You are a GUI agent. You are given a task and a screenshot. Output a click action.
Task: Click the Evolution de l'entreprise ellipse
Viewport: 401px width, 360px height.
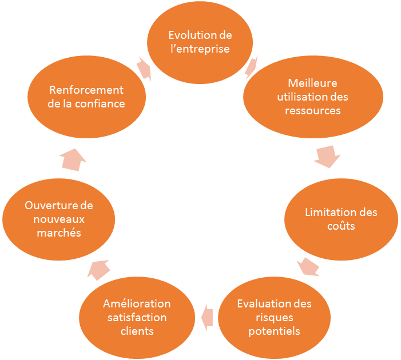pos(200,42)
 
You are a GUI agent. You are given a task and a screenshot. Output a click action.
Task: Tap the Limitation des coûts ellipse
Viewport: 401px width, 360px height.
pos(341,219)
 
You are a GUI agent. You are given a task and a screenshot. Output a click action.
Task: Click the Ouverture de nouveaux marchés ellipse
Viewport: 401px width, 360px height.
pos(59,219)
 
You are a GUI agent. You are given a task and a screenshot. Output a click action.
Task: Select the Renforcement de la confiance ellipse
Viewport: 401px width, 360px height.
pos(86,97)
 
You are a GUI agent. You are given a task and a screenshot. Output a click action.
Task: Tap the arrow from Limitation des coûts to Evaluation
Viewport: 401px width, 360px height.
pos(308,266)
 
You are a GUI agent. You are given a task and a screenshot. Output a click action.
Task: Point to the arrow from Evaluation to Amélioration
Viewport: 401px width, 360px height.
pos(206,313)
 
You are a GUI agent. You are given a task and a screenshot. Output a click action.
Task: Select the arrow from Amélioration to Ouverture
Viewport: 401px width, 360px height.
pos(99,267)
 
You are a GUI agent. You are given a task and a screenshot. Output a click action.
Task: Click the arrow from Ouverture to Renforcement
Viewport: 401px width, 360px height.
pos(73,159)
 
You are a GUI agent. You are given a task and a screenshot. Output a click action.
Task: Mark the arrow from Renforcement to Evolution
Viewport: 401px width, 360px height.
pos(144,70)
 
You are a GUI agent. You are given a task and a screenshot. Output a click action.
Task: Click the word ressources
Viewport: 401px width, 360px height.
pos(313,110)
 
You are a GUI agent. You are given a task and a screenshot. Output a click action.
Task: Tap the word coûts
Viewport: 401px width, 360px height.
pos(341,226)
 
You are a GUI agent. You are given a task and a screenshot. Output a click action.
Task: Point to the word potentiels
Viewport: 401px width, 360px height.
pos(274,331)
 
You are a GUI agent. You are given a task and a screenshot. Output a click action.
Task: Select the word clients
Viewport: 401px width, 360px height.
pos(137,331)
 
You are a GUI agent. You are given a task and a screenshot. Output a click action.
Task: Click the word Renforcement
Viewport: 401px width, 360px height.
pos(86,90)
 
